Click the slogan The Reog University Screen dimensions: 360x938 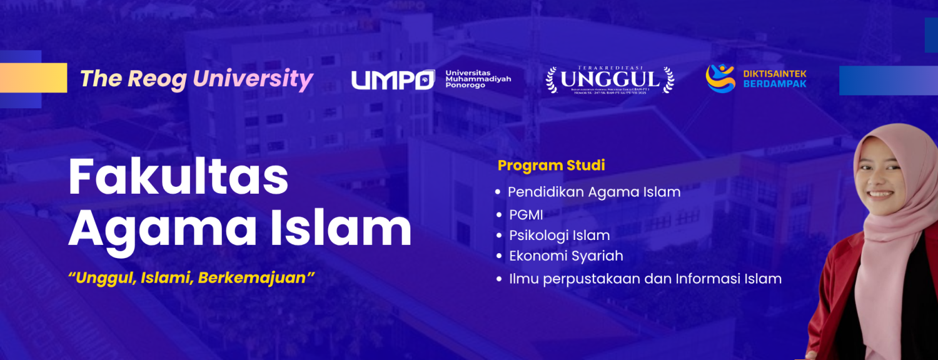[x=196, y=79]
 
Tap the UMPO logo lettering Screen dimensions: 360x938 [x=393, y=80]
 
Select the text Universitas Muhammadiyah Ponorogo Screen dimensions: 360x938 [x=478, y=79]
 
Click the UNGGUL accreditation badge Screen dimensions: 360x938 [x=610, y=80]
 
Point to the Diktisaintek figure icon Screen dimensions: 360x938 [x=720, y=78]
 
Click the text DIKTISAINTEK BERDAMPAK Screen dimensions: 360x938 [x=775, y=79]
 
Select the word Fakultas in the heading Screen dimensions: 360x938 [x=178, y=177]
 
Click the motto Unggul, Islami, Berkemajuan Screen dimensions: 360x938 [x=191, y=278]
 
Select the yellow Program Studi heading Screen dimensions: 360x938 [x=551, y=166]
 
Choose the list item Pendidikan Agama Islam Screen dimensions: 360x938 [x=593, y=192]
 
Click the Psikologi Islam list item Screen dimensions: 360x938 [x=559, y=236]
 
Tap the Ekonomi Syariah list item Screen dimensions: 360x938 [x=565, y=256]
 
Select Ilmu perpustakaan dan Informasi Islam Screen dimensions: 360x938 [x=645, y=279]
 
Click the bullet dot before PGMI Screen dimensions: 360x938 [x=498, y=215]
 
